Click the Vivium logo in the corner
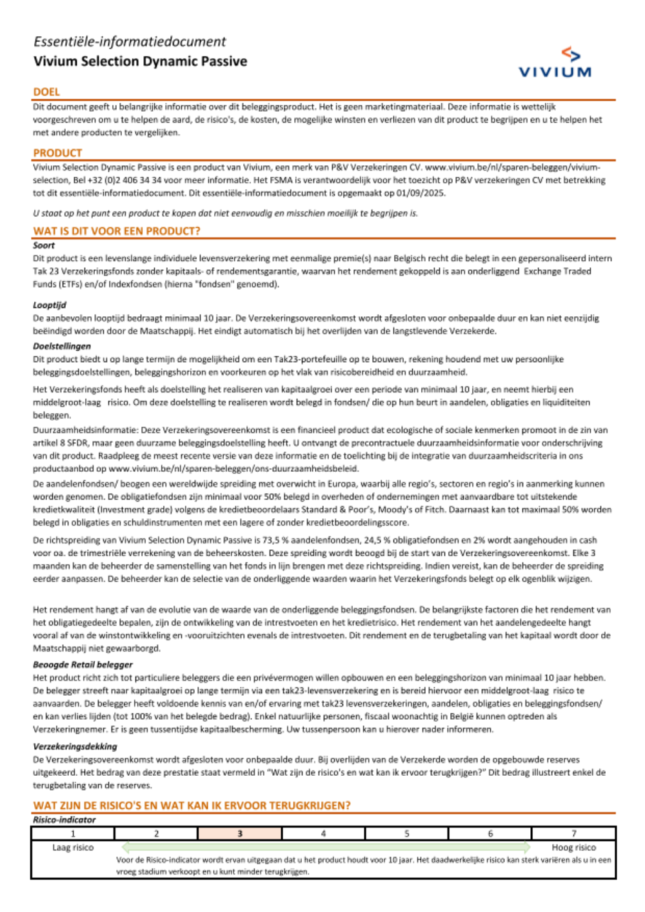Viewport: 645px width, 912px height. click(x=555, y=63)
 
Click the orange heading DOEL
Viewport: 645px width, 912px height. click(x=46, y=92)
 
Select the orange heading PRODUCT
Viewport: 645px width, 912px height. click(x=57, y=153)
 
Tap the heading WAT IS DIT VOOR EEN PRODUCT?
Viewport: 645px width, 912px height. click(x=117, y=231)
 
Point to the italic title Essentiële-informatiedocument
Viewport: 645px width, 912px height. click(x=130, y=42)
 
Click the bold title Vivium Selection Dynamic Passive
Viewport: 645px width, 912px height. click(x=140, y=61)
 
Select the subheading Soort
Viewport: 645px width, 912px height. click(x=44, y=245)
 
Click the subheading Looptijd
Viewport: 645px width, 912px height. click(x=50, y=305)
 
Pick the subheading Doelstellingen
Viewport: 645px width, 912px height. click(x=62, y=346)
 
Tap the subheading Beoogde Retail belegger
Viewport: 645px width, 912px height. click(x=83, y=664)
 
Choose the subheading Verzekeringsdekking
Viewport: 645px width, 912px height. click(x=75, y=746)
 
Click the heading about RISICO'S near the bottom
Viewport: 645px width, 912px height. click(x=192, y=806)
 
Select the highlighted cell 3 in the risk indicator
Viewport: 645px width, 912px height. click(x=240, y=833)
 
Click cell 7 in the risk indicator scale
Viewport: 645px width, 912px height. click(x=573, y=833)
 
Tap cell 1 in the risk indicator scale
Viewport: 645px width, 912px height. click(x=73, y=833)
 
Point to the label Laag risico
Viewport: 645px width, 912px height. click(x=73, y=847)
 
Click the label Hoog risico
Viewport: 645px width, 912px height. click(x=573, y=847)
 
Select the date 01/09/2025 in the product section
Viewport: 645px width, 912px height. click(x=421, y=193)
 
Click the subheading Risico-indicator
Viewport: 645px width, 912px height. click(x=64, y=820)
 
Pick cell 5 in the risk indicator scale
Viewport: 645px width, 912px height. click(x=407, y=833)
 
